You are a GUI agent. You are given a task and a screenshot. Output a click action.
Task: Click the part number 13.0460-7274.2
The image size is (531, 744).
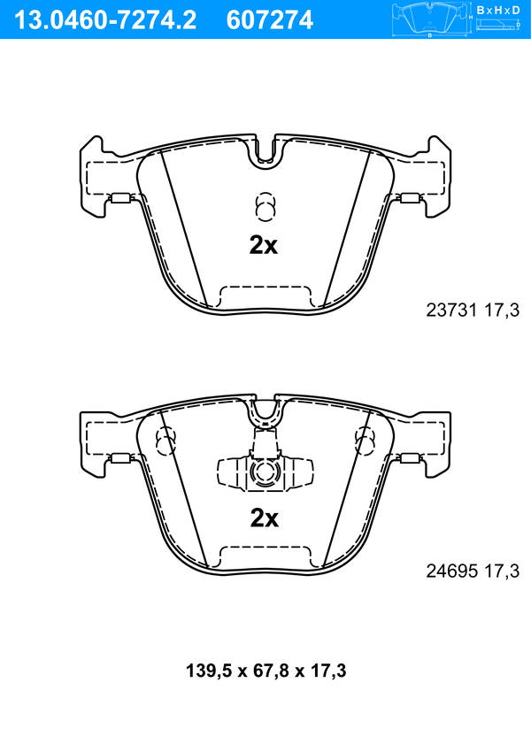(106, 20)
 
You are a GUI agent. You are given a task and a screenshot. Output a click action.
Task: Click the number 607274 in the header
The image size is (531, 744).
(270, 20)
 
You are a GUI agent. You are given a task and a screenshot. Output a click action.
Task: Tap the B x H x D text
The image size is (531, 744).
(498, 10)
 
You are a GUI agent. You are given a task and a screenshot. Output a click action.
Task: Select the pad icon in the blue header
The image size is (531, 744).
(430, 19)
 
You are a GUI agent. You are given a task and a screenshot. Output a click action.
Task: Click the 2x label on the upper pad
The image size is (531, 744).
(264, 245)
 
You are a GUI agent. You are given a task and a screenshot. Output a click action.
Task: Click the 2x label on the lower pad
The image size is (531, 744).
(265, 518)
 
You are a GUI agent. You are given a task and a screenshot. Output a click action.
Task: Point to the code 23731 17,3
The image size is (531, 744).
(473, 311)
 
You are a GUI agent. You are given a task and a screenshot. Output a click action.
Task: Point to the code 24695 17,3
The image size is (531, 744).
(473, 571)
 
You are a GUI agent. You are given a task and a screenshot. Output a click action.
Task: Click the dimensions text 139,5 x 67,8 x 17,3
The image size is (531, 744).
(265, 671)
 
